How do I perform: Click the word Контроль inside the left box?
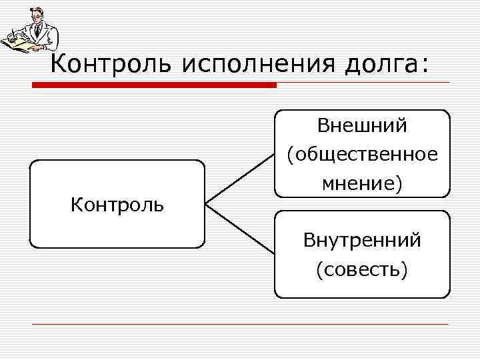[x=117, y=204]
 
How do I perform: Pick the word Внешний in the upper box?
[x=362, y=125]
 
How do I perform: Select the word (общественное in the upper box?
[x=362, y=155]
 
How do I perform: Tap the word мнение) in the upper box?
[x=362, y=184]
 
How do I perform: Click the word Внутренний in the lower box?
[x=362, y=240]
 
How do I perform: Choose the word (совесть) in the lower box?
[x=362, y=269]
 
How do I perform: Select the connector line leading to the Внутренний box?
[x=240, y=229]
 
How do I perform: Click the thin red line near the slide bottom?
[x=240, y=324]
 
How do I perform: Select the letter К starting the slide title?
[x=59, y=65]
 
